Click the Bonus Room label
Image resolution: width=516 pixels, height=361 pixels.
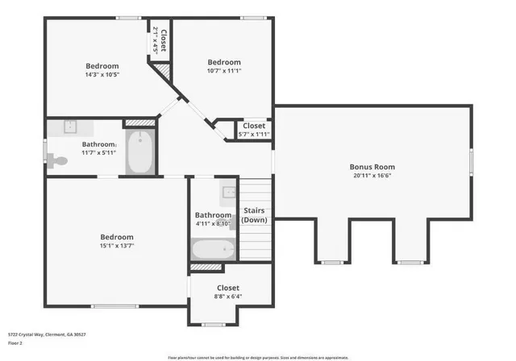372,168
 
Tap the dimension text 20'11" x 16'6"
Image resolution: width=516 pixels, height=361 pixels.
372,177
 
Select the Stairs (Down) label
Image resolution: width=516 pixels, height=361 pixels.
255,216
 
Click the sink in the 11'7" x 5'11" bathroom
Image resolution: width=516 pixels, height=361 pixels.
69,127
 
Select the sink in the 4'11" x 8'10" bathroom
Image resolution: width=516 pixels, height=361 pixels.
229,192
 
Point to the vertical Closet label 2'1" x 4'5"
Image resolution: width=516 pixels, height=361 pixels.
163,40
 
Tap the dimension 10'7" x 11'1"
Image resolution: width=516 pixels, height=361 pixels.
223,71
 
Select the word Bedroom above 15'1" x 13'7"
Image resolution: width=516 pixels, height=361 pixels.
117,237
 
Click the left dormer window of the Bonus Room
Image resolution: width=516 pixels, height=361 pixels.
331,262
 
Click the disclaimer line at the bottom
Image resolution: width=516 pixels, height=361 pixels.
258,357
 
